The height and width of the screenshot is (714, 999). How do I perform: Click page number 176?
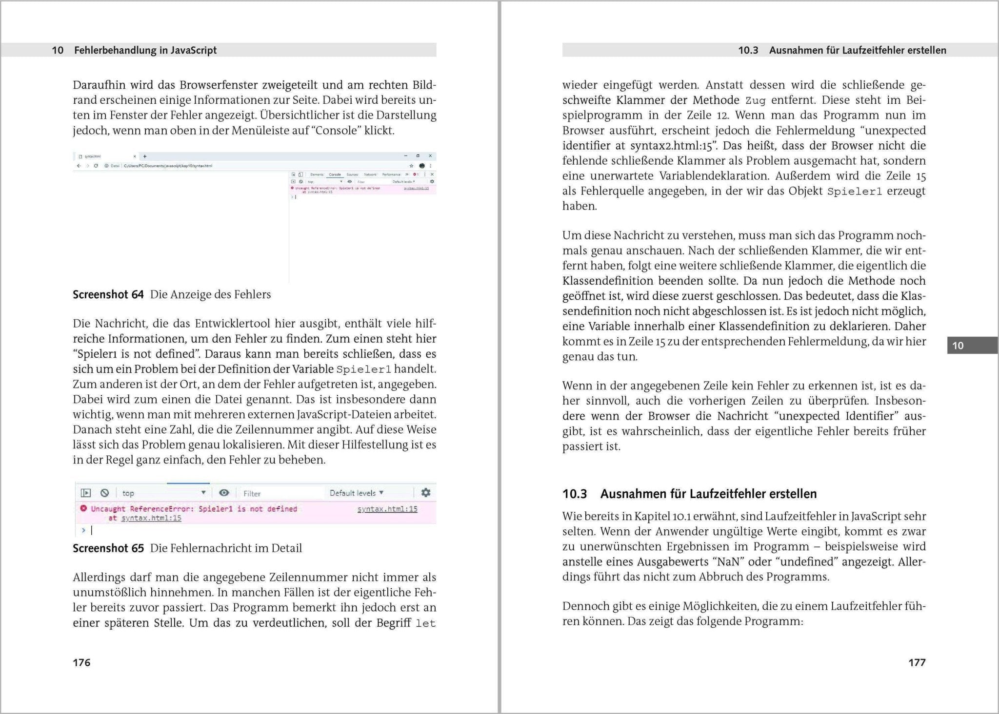coord(81,662)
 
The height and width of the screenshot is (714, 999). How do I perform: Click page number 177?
coord(917,662)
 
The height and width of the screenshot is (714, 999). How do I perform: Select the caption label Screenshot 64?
coord(108,294)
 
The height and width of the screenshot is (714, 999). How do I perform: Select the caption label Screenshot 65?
coord(108,548)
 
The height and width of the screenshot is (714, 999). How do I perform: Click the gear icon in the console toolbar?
coord(425,492)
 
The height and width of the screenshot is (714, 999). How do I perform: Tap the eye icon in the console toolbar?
coord(224,493)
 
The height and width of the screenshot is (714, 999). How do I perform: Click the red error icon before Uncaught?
coord(83,508)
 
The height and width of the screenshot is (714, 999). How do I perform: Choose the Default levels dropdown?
coord(357,493)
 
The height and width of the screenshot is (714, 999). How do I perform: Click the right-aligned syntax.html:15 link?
coord(387,509)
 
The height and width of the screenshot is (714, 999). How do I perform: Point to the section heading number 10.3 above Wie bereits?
coord(575,494)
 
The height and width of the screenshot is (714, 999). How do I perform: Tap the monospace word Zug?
coord(755,100)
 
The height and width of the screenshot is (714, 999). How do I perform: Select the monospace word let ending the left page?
coord(425,623)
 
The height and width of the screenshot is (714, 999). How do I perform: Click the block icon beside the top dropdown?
coord(104,493)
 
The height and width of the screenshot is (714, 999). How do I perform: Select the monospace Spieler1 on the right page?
coord(854,191)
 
